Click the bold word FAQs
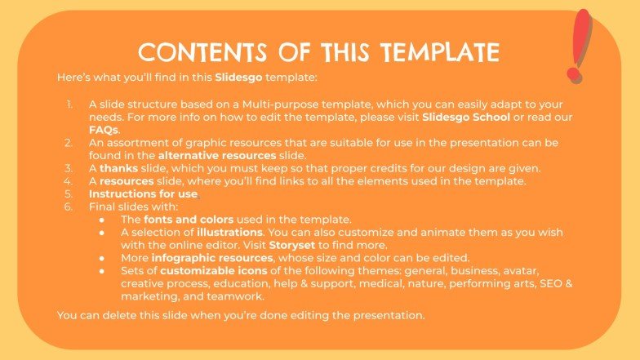(x=104, y=130)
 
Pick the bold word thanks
(x=118, y=168)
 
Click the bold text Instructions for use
(x=143, y=193)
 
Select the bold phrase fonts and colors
(x=188, y=219)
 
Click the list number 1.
(x=70, y=104)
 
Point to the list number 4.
(x=69, y=180)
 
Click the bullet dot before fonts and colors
(x=102, y=220)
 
